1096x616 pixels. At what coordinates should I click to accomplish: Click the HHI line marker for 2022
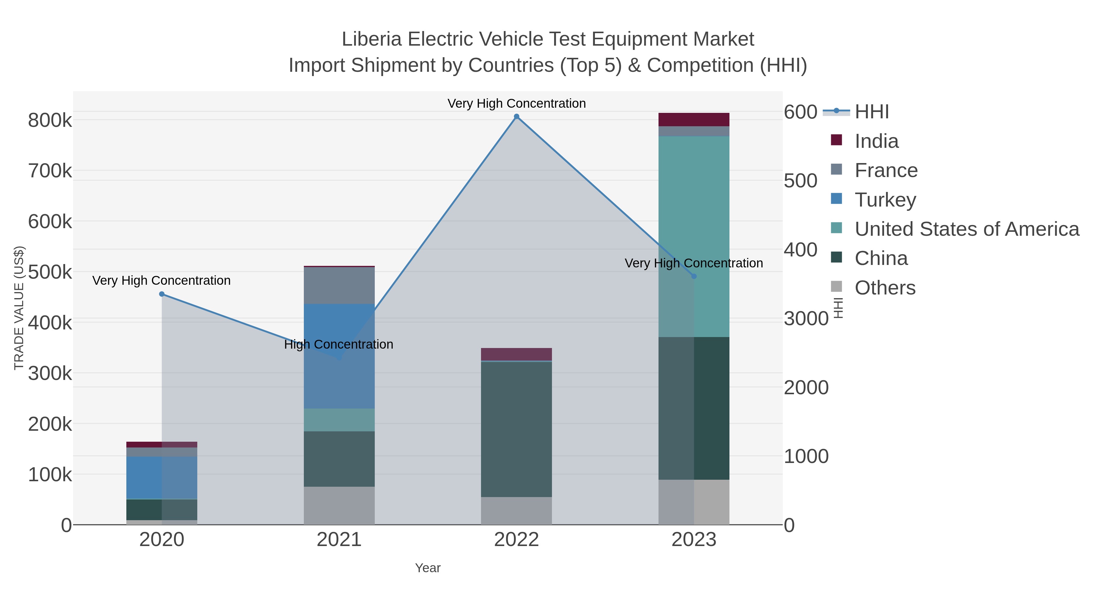[x=517, y=117]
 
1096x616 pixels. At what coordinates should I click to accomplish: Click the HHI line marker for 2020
[x=162, y=294]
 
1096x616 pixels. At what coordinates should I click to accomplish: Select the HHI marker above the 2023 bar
[x=694, y=276]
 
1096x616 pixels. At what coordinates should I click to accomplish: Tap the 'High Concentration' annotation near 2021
[x=339, y=344]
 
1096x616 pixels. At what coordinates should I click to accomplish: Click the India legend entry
[x=876, y=141]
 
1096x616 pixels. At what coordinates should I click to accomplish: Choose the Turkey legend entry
[x=885, y=200]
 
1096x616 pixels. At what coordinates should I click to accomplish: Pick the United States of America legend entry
[x=967, y=229]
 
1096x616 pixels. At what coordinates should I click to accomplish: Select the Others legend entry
[x=885, y=288]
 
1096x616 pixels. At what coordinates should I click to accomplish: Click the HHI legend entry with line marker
[x=871, y=112]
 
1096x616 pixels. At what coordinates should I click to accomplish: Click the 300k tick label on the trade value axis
[x=50, y=374]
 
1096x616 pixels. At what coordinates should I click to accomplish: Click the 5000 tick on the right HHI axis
[x=800, y=181]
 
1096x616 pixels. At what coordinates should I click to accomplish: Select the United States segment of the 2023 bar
[x=694, y=236]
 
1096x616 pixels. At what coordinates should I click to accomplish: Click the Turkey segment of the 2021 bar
[x=339, y=356]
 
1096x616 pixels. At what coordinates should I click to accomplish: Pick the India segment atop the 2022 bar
[x=517, y=354]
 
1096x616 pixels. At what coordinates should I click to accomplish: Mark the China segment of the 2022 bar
[x=517, y=429]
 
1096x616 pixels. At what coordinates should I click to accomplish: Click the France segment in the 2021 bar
[x=339, y=285]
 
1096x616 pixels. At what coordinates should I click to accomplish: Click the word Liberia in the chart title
[x=371, y=40]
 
